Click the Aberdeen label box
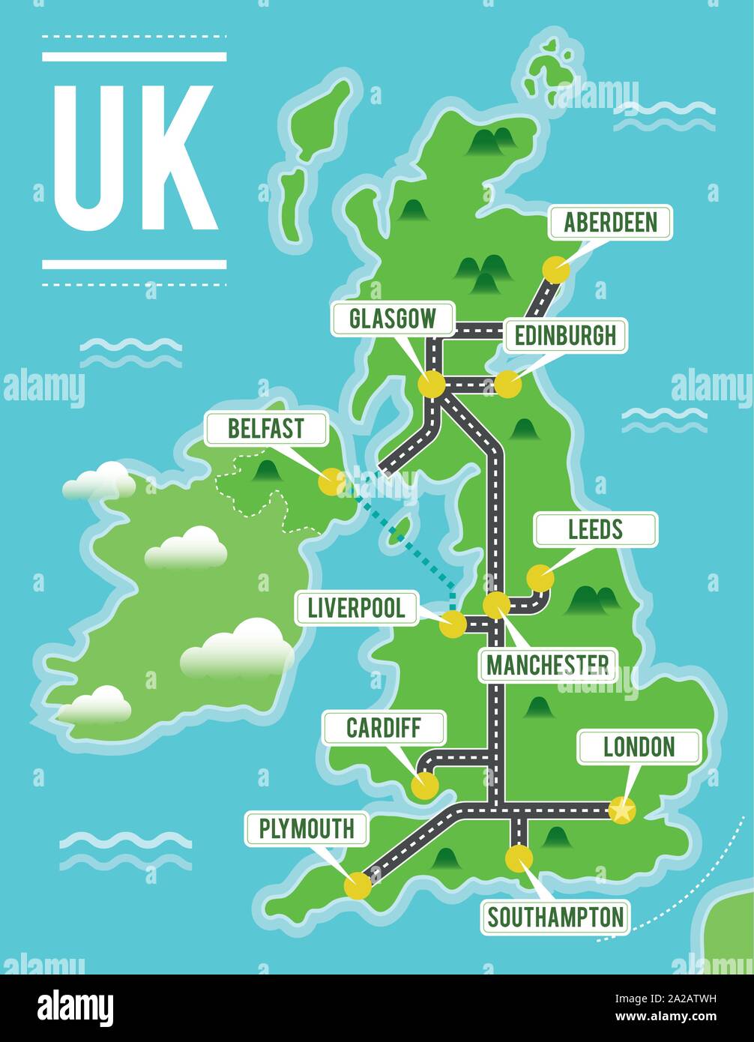(x=610, y=223)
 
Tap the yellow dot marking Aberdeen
(x=555, y=268)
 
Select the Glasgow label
(x=393, y=319)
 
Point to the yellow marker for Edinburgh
(x=507, y=384)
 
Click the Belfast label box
(x=266, y=429)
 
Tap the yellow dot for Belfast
(x=331, y=482)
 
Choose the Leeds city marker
(x=540, y=578)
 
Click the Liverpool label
(x=357, y=608)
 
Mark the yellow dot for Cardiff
(x=424, y=785)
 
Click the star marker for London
(x=621, y=810)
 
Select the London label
(x=639, y=747)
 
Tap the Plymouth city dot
(x=357, y=886)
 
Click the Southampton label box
(x=555, y=917)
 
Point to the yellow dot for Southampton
(x=518, y=857)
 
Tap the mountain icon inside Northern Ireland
(x=266, y=471)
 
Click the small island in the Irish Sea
(x=398, y=531)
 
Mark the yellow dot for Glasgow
(x=432, y=384)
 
